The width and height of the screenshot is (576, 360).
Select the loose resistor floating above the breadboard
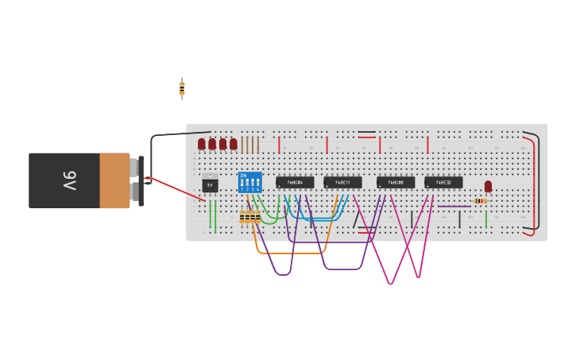182,88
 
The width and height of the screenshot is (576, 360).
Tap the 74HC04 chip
295,182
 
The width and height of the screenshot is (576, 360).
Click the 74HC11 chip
342,182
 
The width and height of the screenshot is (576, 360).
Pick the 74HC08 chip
396,182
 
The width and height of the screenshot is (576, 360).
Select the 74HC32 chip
443,182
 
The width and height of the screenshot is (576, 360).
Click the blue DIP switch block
250,182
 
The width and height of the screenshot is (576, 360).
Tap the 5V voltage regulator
210,184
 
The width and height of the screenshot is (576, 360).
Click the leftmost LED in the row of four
202,144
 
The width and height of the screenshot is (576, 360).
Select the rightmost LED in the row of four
234,144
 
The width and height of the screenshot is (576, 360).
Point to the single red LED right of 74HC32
488,186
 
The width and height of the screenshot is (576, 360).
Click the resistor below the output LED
480,201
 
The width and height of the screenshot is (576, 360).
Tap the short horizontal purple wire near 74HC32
454,207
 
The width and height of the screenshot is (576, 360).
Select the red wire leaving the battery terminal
175,188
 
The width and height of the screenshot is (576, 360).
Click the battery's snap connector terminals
141,181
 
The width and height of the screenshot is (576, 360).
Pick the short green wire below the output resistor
486,219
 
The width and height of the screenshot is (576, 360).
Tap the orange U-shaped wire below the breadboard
291,253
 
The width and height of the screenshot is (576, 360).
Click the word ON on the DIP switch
243,175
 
